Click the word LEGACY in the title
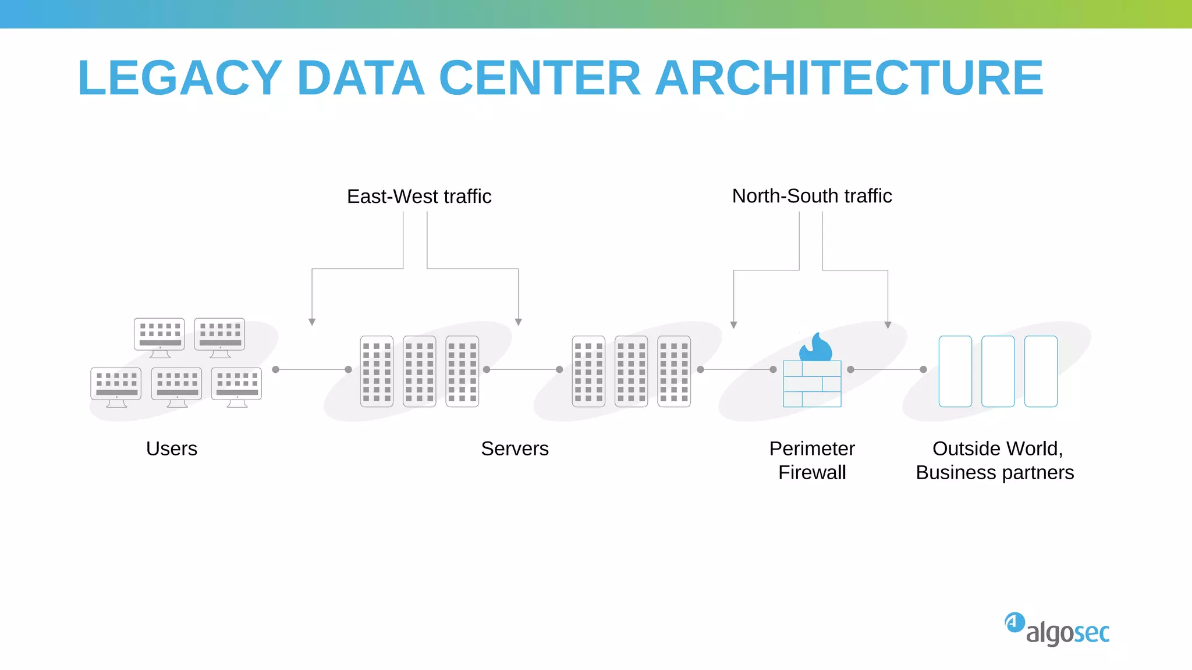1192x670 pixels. click(x=180, y=78)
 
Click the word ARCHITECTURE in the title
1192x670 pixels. click(x=849, y=78)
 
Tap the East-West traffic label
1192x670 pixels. click(x=419, y=197)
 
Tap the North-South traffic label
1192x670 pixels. click(x=811, y=196)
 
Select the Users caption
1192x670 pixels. click(x=172, y=448)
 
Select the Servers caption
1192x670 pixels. click(x=515, y=448)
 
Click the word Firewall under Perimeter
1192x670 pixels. click(x=812, y=472)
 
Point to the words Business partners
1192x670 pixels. click(x=995, y=472)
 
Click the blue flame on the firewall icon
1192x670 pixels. click(x=816, y=348)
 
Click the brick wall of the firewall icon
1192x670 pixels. click(x=812, y=384)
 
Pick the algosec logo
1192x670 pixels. click(x=1058, y=629)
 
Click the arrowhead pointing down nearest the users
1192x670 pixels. click(x=312, y=322)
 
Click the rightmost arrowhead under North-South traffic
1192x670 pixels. click(x=888, y=325)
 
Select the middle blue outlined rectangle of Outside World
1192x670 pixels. click(x=998, y=371)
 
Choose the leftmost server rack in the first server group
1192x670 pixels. click(x=377, y=371)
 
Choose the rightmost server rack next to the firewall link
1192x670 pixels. click(x=674, y=371)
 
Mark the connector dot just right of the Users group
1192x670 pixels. click(x=276, y=369)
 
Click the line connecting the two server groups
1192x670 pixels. click(x=523, y=369)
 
